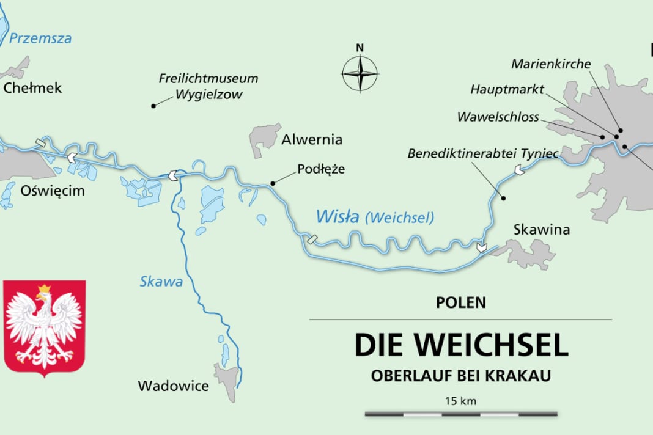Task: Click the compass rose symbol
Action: tap(360, 73)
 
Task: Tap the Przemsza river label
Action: tap(40, 38)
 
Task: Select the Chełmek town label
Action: tap(33, 88)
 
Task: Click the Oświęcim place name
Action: tap(53, 191)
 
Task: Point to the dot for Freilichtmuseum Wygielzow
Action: tap(153, 106)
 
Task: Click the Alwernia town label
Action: tap(312, 140)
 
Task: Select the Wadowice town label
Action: tap(173, 386)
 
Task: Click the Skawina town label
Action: tap(542, 230)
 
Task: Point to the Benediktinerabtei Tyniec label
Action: tap(483, 154)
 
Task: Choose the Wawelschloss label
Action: tap(498, 117)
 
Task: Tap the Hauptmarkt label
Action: tap(507, 90)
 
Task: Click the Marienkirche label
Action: tap(551, 64)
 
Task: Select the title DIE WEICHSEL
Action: tap(462, 345)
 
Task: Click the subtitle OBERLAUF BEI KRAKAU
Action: tap(460, 376)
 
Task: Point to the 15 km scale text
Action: tap(461, 401)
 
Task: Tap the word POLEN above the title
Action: tap(461, 302)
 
